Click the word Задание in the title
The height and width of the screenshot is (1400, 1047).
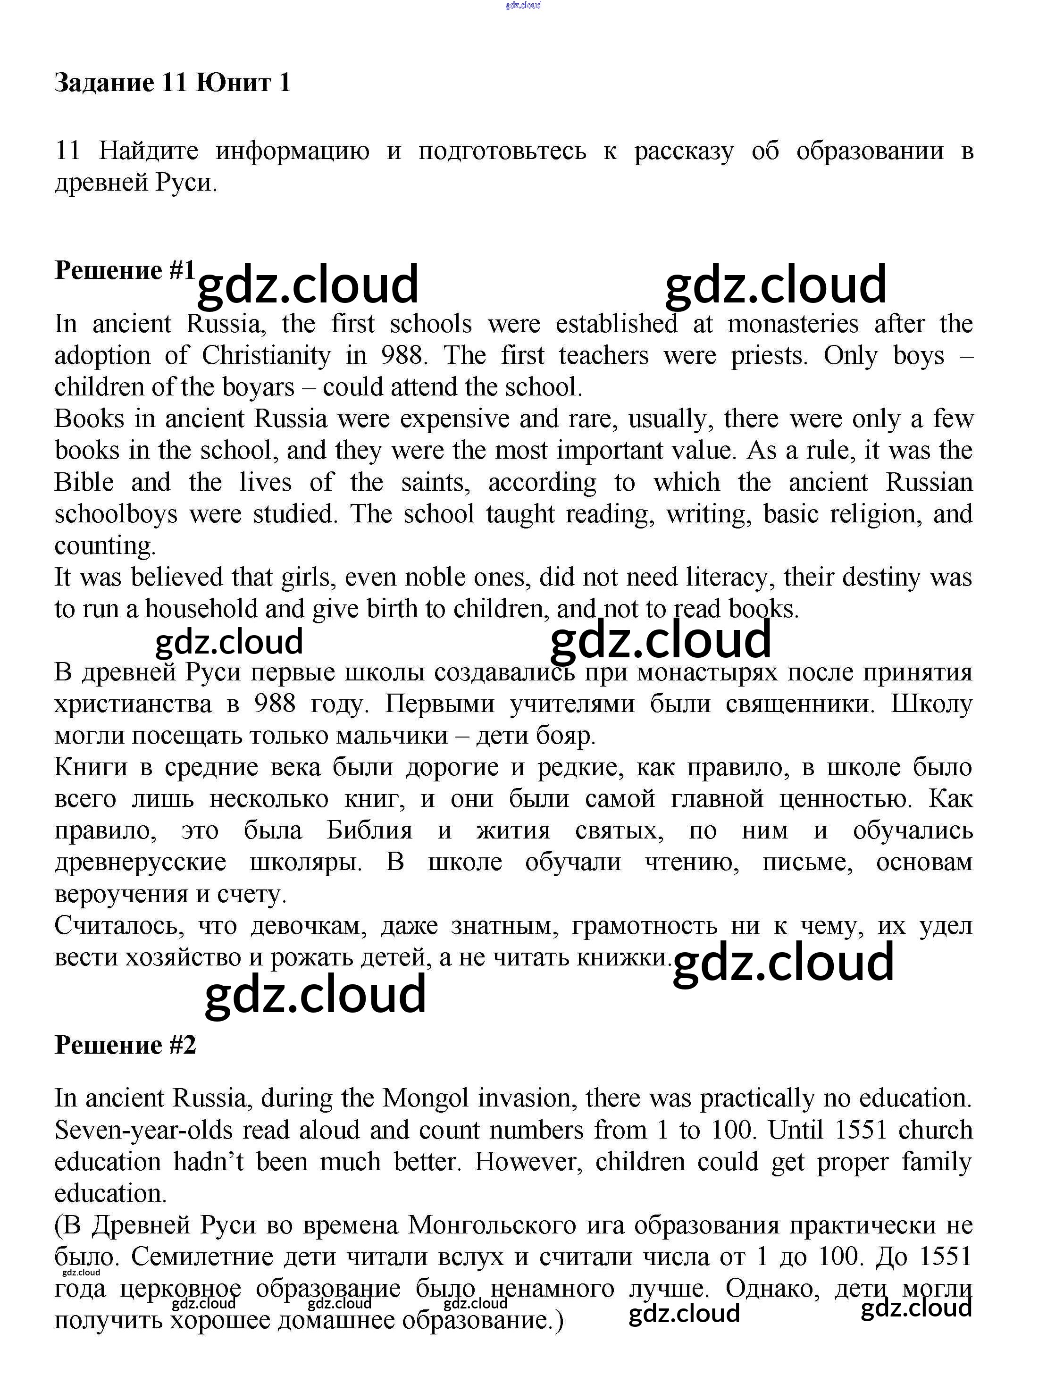[x=104, y=84]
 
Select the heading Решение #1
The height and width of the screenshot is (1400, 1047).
[x=124, y=270]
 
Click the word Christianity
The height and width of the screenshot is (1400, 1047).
[x=266, y=356]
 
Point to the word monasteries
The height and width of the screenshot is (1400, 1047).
[x=793, y=324]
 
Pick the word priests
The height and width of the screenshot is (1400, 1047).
[x=769, y=356]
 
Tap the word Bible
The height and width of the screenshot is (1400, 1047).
[x=84, y=482]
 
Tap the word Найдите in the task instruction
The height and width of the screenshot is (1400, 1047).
[x=149, y=151]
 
